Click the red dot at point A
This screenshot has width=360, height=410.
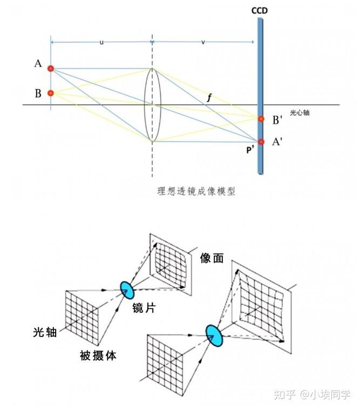pyautogui.click(x=51, y=69)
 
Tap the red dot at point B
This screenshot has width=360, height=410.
pyautogui.click(x=51, y=93)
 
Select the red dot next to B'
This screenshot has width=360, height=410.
pyautogui.click(x=261, y=119)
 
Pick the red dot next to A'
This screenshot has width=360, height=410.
pyautogui.click(x=261, y=142)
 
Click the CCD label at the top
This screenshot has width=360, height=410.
pyautogui.click(x=260, y=11)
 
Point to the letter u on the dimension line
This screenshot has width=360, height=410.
pyautogui.click(x=101, y=42)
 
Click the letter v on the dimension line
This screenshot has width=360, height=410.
pyautogui.click(x=203, y=42)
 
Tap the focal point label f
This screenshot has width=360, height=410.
pyautogui.click(x=209, y=98)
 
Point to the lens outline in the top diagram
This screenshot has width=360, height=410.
pyautogui.click(x=152, y=105)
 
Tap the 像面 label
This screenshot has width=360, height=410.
pyautogui.click(x=212, y=259)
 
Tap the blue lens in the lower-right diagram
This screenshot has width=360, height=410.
pyautogui.click(x=214, y=335)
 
